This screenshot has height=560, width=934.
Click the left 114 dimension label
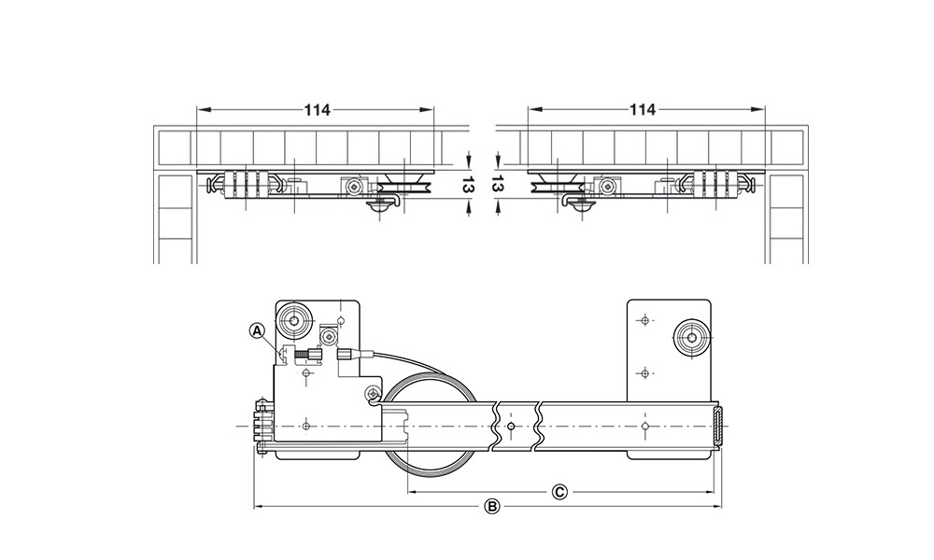[317, 110]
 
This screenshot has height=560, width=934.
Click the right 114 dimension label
[643, 110]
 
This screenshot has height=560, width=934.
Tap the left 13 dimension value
[468, 186]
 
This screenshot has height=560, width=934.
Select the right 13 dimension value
[496, 186]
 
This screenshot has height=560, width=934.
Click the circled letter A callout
[257, 329]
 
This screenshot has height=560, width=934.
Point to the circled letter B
[492, 507]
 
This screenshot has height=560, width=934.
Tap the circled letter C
[559, 492]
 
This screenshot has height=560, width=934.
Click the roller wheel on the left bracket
[293, 321]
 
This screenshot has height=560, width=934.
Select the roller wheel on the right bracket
[691, 338]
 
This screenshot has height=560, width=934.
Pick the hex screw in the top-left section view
[354, 188]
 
